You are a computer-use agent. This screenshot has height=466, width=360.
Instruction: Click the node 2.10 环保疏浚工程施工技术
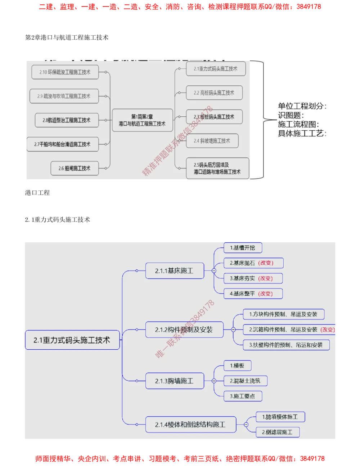click(x=65, y=72)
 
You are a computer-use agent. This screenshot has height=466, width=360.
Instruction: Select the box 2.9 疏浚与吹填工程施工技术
click(x=64, y=96)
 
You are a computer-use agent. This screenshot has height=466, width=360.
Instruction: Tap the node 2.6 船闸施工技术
click(x=75, y=168)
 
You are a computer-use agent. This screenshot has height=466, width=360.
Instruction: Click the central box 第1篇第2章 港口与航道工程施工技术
click(x=142, y=120)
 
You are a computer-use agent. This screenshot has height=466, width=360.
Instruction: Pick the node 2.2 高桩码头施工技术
click(x=214, y=93)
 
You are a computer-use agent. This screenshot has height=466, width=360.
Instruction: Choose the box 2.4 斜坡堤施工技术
click(x=212, y=141)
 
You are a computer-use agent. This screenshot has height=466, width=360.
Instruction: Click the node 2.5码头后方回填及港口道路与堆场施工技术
click(x=217, y=168)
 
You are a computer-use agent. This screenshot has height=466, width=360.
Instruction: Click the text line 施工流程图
click(x=298, y=124)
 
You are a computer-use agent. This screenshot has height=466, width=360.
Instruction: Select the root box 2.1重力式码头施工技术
click(x=72, y=340)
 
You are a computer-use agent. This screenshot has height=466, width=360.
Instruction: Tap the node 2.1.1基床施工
click(x=175, y=271)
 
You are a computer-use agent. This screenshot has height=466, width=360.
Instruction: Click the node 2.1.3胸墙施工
click(x=175, y=381)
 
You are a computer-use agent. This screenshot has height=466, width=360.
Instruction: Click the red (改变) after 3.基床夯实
click(x=265, y=278)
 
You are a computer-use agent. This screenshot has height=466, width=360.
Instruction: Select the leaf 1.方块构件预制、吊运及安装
click(x=283, y=314)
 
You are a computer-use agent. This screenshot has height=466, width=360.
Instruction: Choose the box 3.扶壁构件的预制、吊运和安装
click(x=286, y=345)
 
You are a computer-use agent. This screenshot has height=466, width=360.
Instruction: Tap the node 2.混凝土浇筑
click(x=245, y=381)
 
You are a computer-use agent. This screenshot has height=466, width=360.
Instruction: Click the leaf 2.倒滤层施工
click(x=278, y=432)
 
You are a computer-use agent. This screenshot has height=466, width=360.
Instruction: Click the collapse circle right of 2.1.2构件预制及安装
click(x=233, y=330)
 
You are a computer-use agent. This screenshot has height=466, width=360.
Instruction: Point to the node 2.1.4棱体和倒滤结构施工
click(x=190, y=425)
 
